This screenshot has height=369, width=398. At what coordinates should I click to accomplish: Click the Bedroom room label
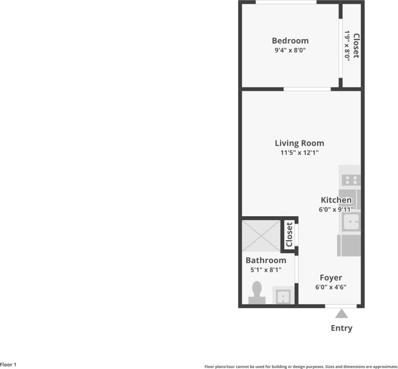point(290,41)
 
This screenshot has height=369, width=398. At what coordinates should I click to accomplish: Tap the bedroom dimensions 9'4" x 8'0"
point(290,50)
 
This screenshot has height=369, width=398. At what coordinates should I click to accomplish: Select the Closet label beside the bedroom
point(357,45)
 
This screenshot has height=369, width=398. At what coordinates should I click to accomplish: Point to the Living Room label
point(299,143)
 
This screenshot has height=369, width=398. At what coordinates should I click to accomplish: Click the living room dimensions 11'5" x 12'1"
point(299,153)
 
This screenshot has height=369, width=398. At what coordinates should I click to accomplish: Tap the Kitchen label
point(336,200)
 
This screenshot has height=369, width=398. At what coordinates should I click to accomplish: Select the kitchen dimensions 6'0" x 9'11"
point(336,209)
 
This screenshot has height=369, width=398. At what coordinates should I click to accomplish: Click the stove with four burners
point(349,179)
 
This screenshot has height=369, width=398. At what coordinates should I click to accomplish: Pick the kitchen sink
point(351,223)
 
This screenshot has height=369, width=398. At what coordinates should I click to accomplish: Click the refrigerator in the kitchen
point(349,245)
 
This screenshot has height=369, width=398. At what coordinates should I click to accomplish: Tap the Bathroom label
point(266,260)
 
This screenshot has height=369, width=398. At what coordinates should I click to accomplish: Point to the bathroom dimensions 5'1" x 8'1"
point(266,269)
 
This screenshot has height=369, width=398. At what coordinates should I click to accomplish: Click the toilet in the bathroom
point(257,293)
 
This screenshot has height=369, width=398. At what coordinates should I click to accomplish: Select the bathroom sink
point(283,296)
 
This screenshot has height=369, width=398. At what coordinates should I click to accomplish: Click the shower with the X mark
point(260,235)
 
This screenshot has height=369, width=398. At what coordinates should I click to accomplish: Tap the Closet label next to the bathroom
point(289,235)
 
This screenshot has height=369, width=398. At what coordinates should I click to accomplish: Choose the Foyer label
point(331,278)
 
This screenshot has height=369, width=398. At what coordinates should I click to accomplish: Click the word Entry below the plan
point(341,328)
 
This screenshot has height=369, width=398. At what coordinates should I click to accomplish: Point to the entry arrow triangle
point(341,313)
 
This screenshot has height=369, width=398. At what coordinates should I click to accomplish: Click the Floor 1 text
point(8,365)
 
